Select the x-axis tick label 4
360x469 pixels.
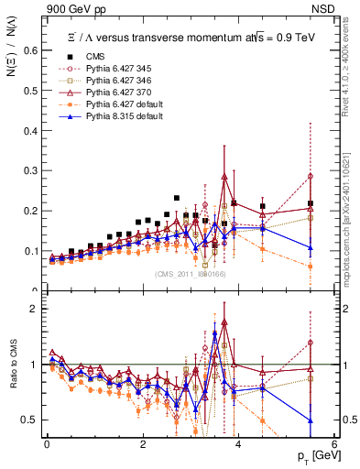tap(238, 444)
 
